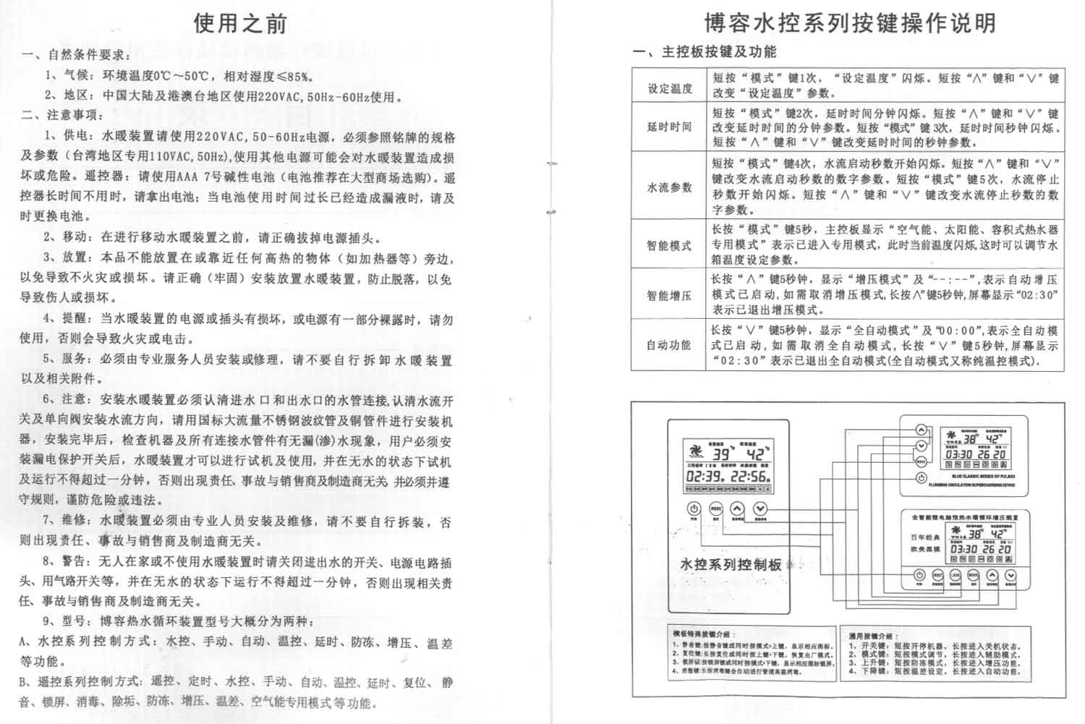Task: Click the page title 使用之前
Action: click(240, 23)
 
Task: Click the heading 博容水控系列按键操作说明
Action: click(851, 23)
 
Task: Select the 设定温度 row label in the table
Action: click(670, 88)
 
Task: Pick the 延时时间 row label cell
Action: click(670, 127)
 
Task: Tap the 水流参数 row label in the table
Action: click(670, 187)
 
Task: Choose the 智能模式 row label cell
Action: click(670, 245)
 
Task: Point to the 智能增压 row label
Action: click(670, 295)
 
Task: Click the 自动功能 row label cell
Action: click(670, 345)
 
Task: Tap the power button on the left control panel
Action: click(693, 509)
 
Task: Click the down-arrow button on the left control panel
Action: click(760, 509)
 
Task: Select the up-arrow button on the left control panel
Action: click(737, 509)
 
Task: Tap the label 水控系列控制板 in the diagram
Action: click(732, 564)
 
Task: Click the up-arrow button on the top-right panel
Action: click(922, 430)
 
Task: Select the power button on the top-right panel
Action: click(922, 478)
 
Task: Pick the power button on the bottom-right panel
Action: click(919, 576)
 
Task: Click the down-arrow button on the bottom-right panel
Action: click(1010, 576)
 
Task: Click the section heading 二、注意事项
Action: click(64, 115)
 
